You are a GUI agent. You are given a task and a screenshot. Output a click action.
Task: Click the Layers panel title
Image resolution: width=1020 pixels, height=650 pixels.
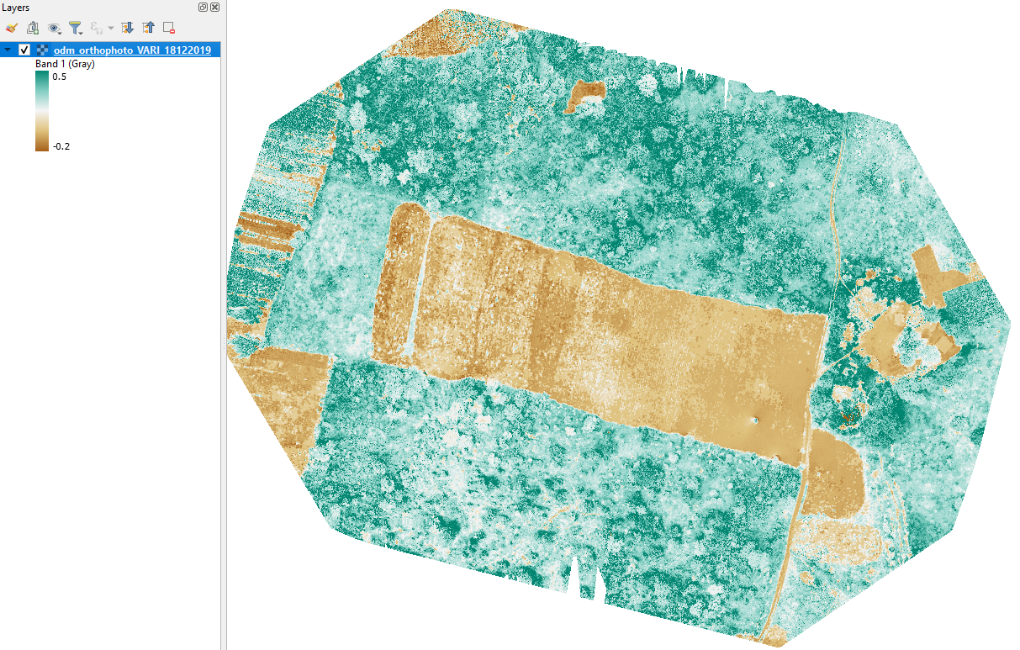click(17, 8)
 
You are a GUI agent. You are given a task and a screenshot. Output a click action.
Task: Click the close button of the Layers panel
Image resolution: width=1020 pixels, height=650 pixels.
click(214, 8)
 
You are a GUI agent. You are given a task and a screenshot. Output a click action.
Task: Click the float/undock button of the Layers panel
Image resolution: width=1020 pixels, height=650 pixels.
click(203, 8)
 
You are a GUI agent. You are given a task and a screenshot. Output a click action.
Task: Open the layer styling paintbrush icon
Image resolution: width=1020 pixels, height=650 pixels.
click(11, 28)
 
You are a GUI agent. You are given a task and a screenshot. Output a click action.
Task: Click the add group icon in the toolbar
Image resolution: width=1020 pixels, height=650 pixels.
click(33, 28)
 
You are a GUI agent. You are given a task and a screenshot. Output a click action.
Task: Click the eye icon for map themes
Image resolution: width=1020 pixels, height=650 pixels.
click(55, 28)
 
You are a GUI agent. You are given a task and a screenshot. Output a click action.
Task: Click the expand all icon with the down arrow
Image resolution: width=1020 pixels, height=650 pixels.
click(127, 28)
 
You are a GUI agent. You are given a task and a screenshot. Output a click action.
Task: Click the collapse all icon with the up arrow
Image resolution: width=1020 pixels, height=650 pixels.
click(148, 28)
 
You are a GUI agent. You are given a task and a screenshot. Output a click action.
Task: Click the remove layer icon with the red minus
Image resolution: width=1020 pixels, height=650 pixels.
click(169, 28)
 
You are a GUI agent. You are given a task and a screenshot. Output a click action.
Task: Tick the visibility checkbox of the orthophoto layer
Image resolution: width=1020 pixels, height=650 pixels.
click(24, 50)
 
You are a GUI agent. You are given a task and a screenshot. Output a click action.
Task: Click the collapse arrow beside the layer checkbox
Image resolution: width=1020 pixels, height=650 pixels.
click(8, 50)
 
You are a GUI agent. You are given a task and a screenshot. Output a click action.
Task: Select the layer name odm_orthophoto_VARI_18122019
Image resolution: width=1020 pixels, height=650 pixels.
click(132, 50)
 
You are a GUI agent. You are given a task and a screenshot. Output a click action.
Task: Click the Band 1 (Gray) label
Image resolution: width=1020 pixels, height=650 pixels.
click(65, 64)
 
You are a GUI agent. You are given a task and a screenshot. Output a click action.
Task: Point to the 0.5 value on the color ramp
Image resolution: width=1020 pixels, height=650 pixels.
click(60, 77)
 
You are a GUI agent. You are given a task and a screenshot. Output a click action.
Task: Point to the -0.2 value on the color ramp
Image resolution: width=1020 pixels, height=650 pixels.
click(61, 145)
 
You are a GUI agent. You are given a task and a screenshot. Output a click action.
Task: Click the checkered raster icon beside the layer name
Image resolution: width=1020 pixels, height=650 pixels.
click(42, 50)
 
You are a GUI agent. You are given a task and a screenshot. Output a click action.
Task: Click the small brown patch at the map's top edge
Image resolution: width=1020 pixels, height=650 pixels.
click(586, 94)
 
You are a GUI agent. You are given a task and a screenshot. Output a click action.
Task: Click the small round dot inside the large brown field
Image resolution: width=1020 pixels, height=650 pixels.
click(755, 420)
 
